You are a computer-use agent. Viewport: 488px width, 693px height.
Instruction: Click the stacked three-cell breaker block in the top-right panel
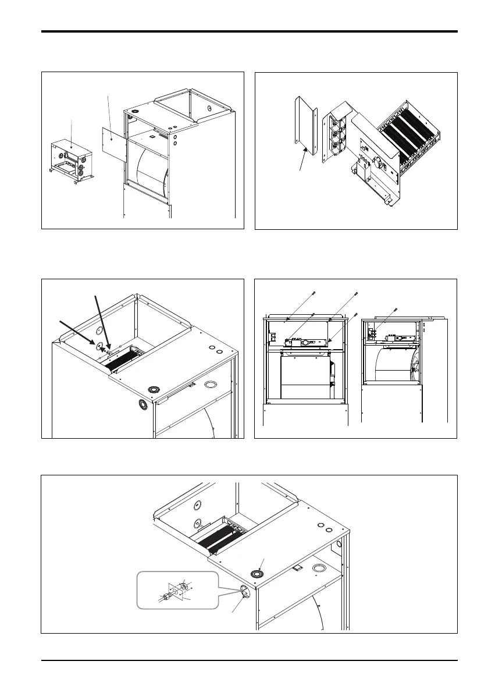coord(338,134)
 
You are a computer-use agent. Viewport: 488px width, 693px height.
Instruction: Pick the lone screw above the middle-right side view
coord(395,309)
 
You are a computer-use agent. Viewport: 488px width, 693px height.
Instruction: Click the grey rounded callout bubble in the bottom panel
coord(177,591)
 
